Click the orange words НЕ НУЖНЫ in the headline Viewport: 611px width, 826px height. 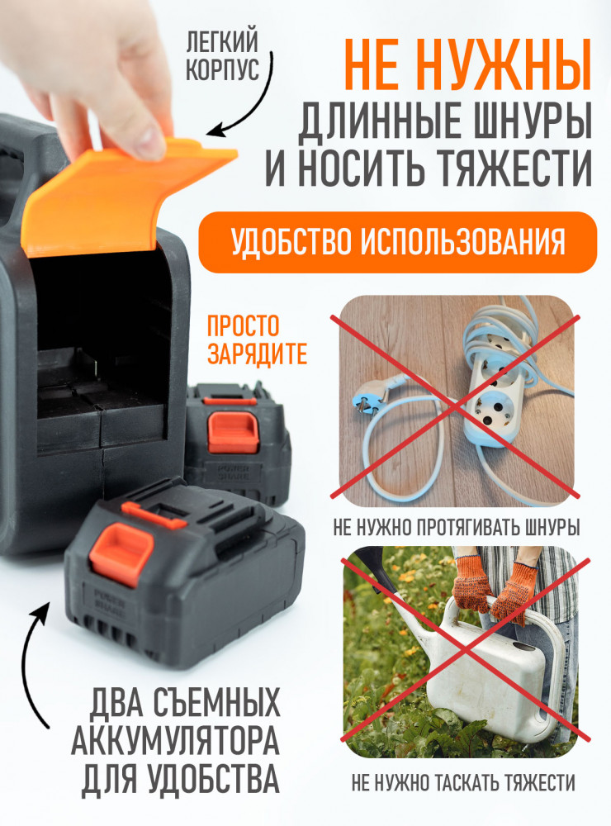[468, 64]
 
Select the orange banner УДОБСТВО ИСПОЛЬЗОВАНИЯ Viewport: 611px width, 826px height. [398, 242]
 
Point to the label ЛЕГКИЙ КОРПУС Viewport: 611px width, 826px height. [222, 56]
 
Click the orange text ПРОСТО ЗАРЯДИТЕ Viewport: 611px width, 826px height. [257, 340]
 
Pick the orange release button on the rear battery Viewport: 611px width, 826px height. [233, 431]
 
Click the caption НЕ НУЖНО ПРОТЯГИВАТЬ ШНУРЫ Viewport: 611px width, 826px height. [456, 527]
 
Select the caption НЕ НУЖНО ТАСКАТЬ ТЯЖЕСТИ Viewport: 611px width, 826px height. [463, 783]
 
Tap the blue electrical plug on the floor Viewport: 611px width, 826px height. [370, 395]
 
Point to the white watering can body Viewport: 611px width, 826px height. [495, 674]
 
